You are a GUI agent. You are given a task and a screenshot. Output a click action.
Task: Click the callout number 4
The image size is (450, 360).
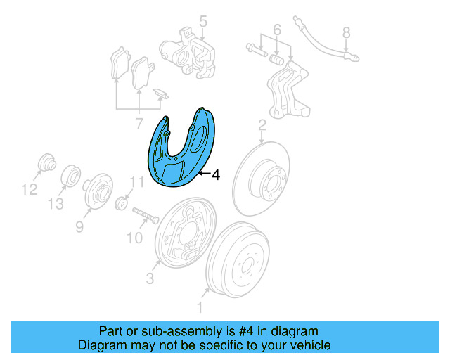[216, 174]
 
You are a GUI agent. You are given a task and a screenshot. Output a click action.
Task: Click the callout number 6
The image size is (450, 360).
[276, 30]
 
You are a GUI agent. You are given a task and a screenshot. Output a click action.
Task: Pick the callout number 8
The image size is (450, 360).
[346, 32]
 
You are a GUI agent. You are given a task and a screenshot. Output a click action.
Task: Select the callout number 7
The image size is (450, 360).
[139, 124]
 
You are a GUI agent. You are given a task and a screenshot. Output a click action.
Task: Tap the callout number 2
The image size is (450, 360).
[262, 126]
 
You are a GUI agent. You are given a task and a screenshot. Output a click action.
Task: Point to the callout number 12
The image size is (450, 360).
[28, 188]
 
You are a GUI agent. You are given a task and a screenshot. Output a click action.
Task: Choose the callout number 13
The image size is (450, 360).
[56, 204]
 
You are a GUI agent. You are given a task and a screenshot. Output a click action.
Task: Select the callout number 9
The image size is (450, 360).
[79, 226]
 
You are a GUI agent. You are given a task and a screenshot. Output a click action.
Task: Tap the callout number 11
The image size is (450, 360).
[136, 183]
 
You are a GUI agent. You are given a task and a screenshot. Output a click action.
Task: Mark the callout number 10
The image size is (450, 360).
[134, 238]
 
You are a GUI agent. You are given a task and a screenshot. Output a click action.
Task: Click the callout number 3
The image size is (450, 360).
[150, 279]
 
